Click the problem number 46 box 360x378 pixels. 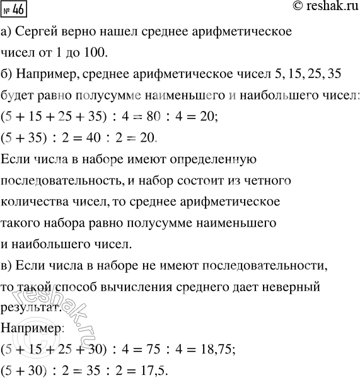click(15, 9)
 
